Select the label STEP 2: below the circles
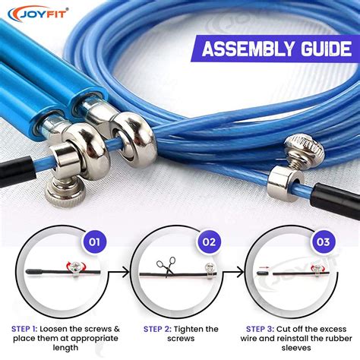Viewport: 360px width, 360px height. [160, 328]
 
